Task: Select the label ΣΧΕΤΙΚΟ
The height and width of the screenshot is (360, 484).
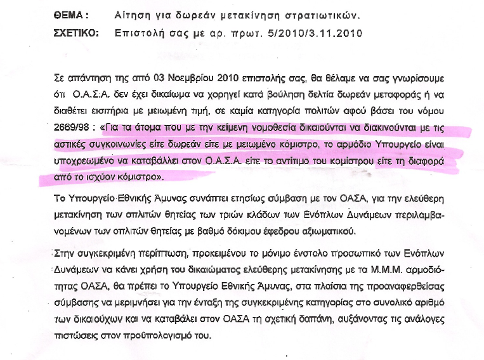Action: point(77,32)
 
